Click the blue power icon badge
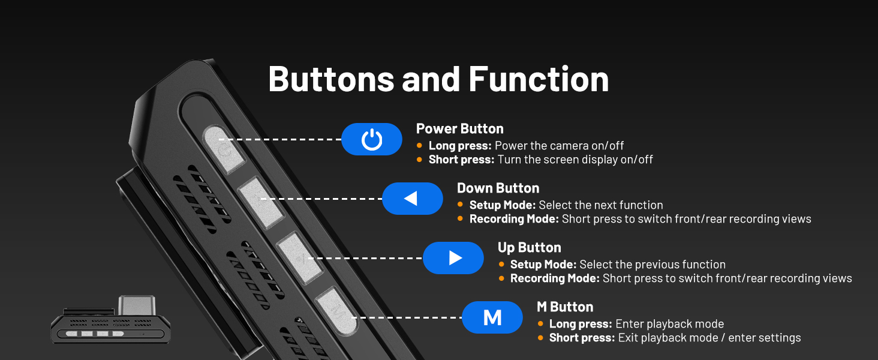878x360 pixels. (372, 139)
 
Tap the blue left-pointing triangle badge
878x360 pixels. (413, 199)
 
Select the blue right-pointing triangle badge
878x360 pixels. (453, 258)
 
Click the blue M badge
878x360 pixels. (492, 317)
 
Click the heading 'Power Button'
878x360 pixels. (460, 128)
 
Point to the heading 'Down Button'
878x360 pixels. (498, 188)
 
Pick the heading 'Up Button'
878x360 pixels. (530, 247)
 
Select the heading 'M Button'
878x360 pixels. (565, 307)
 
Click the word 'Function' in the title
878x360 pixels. (539, 79)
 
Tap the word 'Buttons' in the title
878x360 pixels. (331, 79)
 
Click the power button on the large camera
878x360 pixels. (224, 149)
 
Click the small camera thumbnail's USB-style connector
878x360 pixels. (137, 305)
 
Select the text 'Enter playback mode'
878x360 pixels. (669, 324)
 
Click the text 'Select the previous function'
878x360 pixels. (653, 265)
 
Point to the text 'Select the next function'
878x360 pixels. (601, 205)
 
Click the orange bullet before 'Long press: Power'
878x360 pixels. (419, 145)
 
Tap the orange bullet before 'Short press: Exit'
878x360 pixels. (540, 337)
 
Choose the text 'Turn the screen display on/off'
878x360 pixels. (575, 160)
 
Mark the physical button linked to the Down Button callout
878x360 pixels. (261, 202)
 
